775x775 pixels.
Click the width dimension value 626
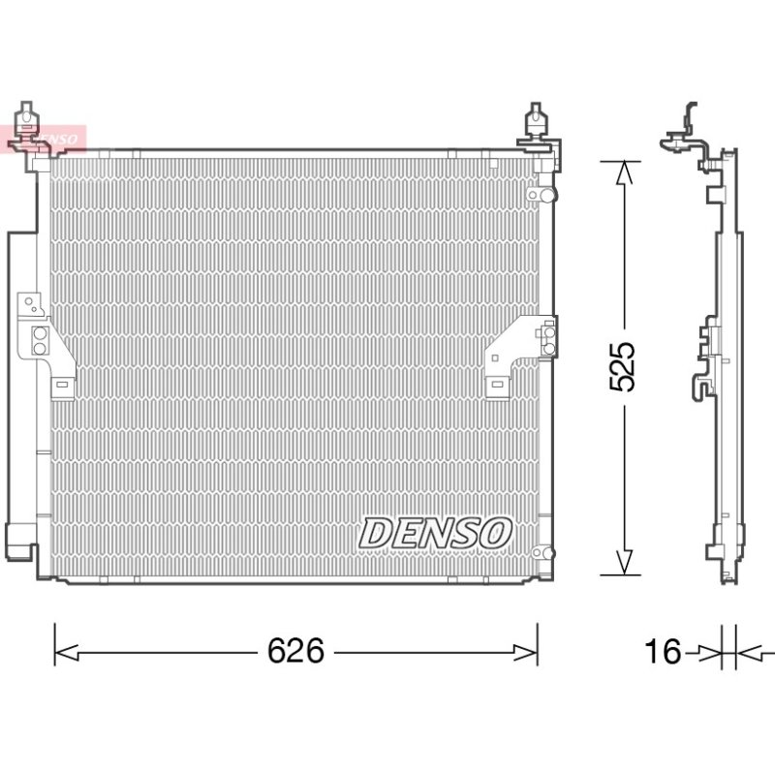coord(295,650)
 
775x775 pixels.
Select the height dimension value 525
coord(621,367)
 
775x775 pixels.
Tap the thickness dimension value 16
coord(663,650)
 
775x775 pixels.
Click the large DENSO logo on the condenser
coord(435,534)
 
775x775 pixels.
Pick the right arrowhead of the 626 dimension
coord(525,652)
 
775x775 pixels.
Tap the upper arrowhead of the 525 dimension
coord(624,173)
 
